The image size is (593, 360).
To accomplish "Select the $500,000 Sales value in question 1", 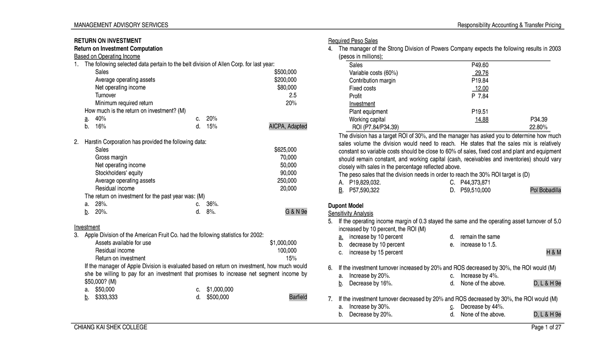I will point(285,72).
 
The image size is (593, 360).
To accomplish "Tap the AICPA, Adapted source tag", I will point(288,126).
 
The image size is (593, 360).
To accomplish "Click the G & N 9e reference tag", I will point(296,212).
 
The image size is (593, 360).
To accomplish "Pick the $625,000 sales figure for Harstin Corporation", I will point(285,150).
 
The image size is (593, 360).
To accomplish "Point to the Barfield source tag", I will point(297,297).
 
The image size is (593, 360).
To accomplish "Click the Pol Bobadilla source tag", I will point(545,190).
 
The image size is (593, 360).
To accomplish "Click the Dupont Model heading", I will point(345,205).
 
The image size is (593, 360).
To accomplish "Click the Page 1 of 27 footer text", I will point(544,328).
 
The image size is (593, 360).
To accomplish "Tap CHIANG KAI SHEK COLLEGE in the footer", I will point(110,328).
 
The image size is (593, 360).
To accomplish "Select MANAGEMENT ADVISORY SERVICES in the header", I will point(121,25).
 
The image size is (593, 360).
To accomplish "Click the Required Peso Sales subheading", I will point(352,40).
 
